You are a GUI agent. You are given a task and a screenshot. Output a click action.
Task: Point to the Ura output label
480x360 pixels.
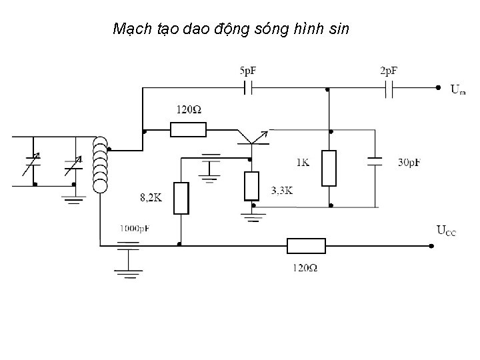[x=458, y=89]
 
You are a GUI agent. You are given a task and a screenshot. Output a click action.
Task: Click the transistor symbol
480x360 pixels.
[x=253, y=140]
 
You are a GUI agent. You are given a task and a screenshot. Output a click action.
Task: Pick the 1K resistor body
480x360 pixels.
[x=329, y=168]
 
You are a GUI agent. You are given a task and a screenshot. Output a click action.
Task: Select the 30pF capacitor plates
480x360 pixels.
[x=375, y=161]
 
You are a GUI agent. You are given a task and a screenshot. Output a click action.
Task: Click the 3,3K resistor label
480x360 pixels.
[x=282, y=191]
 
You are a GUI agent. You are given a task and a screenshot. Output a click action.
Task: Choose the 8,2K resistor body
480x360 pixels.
[x=181, y=197]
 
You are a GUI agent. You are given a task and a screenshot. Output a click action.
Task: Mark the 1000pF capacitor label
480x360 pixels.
[x=135, y=228]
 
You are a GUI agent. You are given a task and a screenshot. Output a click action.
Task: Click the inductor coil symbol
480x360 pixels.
[x=101, y=165]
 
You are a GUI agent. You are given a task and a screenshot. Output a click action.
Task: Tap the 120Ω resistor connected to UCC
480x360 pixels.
[x=306, y=246]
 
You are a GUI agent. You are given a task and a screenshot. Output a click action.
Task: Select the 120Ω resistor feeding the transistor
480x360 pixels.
[x=189, y=129]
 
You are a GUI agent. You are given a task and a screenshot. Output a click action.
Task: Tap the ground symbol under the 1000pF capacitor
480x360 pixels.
[x=128, y=271]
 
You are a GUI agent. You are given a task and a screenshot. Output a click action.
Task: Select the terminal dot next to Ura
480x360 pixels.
[x=437, y=87]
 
